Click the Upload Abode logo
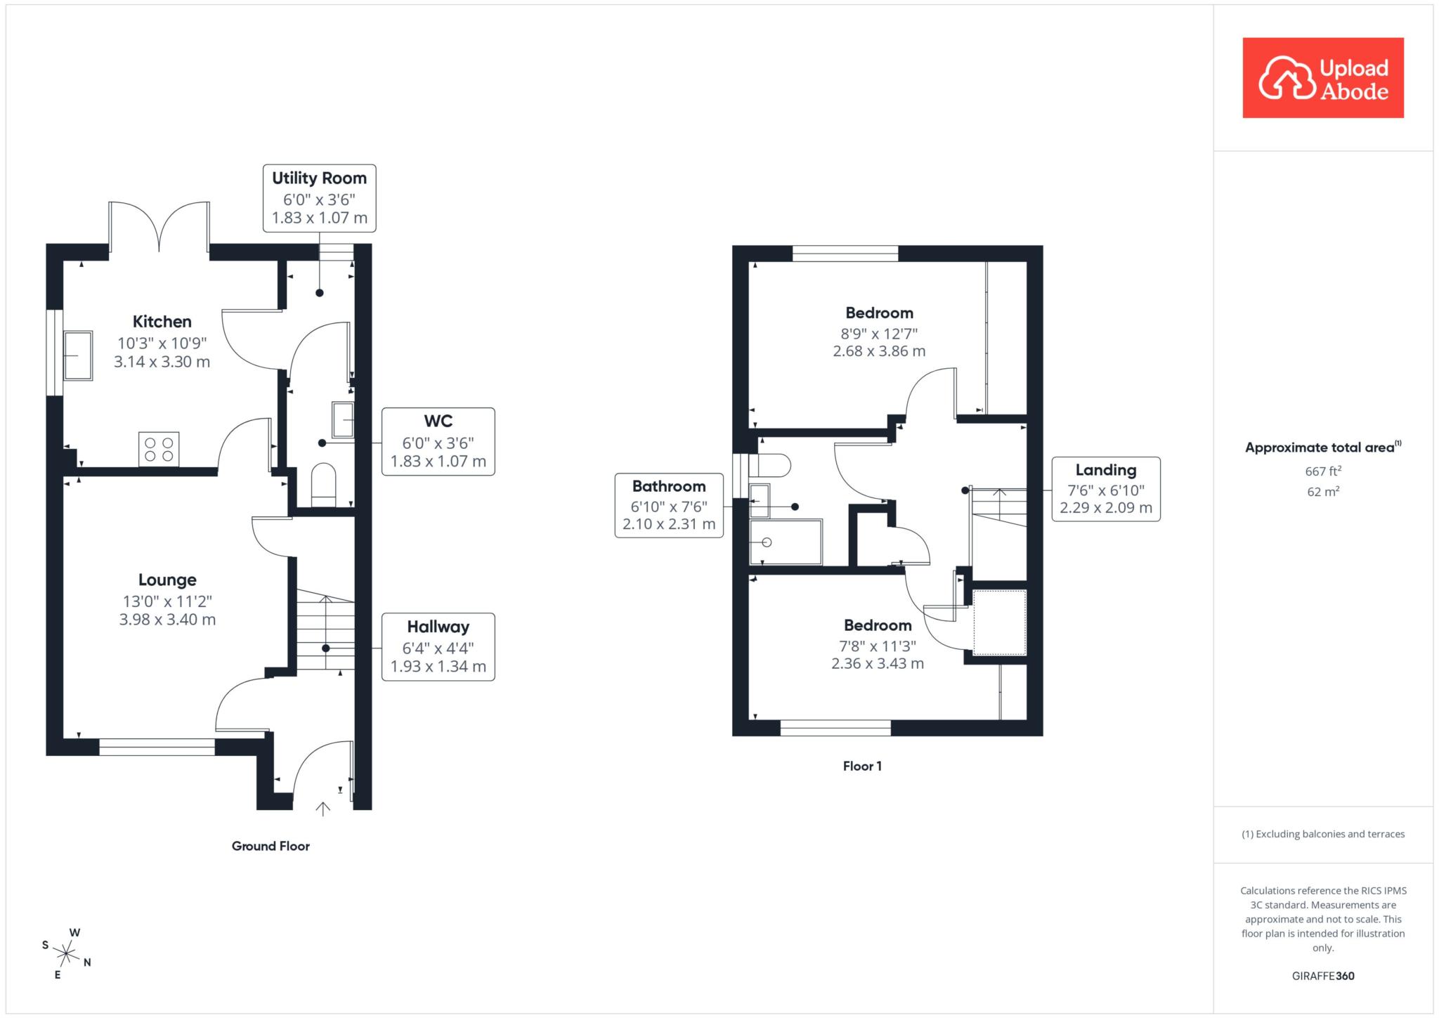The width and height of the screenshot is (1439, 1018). click(1323, 78)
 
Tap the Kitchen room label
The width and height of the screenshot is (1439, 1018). click(162, 322)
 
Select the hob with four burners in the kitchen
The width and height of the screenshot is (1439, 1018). click(159, 449)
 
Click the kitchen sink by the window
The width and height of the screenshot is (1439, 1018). click(78, 355)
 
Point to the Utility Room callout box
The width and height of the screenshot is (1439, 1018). click(320, 198)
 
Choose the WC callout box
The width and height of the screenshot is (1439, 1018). click(438, 442)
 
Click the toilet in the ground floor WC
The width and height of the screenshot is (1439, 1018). click(324, 485)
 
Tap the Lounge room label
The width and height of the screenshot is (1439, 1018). click(167, 580)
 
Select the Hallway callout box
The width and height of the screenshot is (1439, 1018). click(438, 647)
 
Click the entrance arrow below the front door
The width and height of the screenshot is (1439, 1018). click(323, 809)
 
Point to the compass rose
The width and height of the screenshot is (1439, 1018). click(66, 953)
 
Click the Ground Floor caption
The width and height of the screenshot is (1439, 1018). click(271, 847)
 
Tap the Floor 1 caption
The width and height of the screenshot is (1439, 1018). click(862, 766)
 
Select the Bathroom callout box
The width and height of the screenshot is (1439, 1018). click(669, 506)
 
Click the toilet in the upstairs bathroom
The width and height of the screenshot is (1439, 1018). click(770, 466)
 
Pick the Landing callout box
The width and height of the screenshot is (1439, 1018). click(1106, 489)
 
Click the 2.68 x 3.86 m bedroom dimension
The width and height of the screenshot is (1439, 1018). click(879, 351)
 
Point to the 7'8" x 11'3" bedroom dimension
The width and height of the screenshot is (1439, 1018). click(878, 646)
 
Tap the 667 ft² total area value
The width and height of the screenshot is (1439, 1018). click(1324, 471)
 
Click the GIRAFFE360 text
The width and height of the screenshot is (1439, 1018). click(1323, 976)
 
